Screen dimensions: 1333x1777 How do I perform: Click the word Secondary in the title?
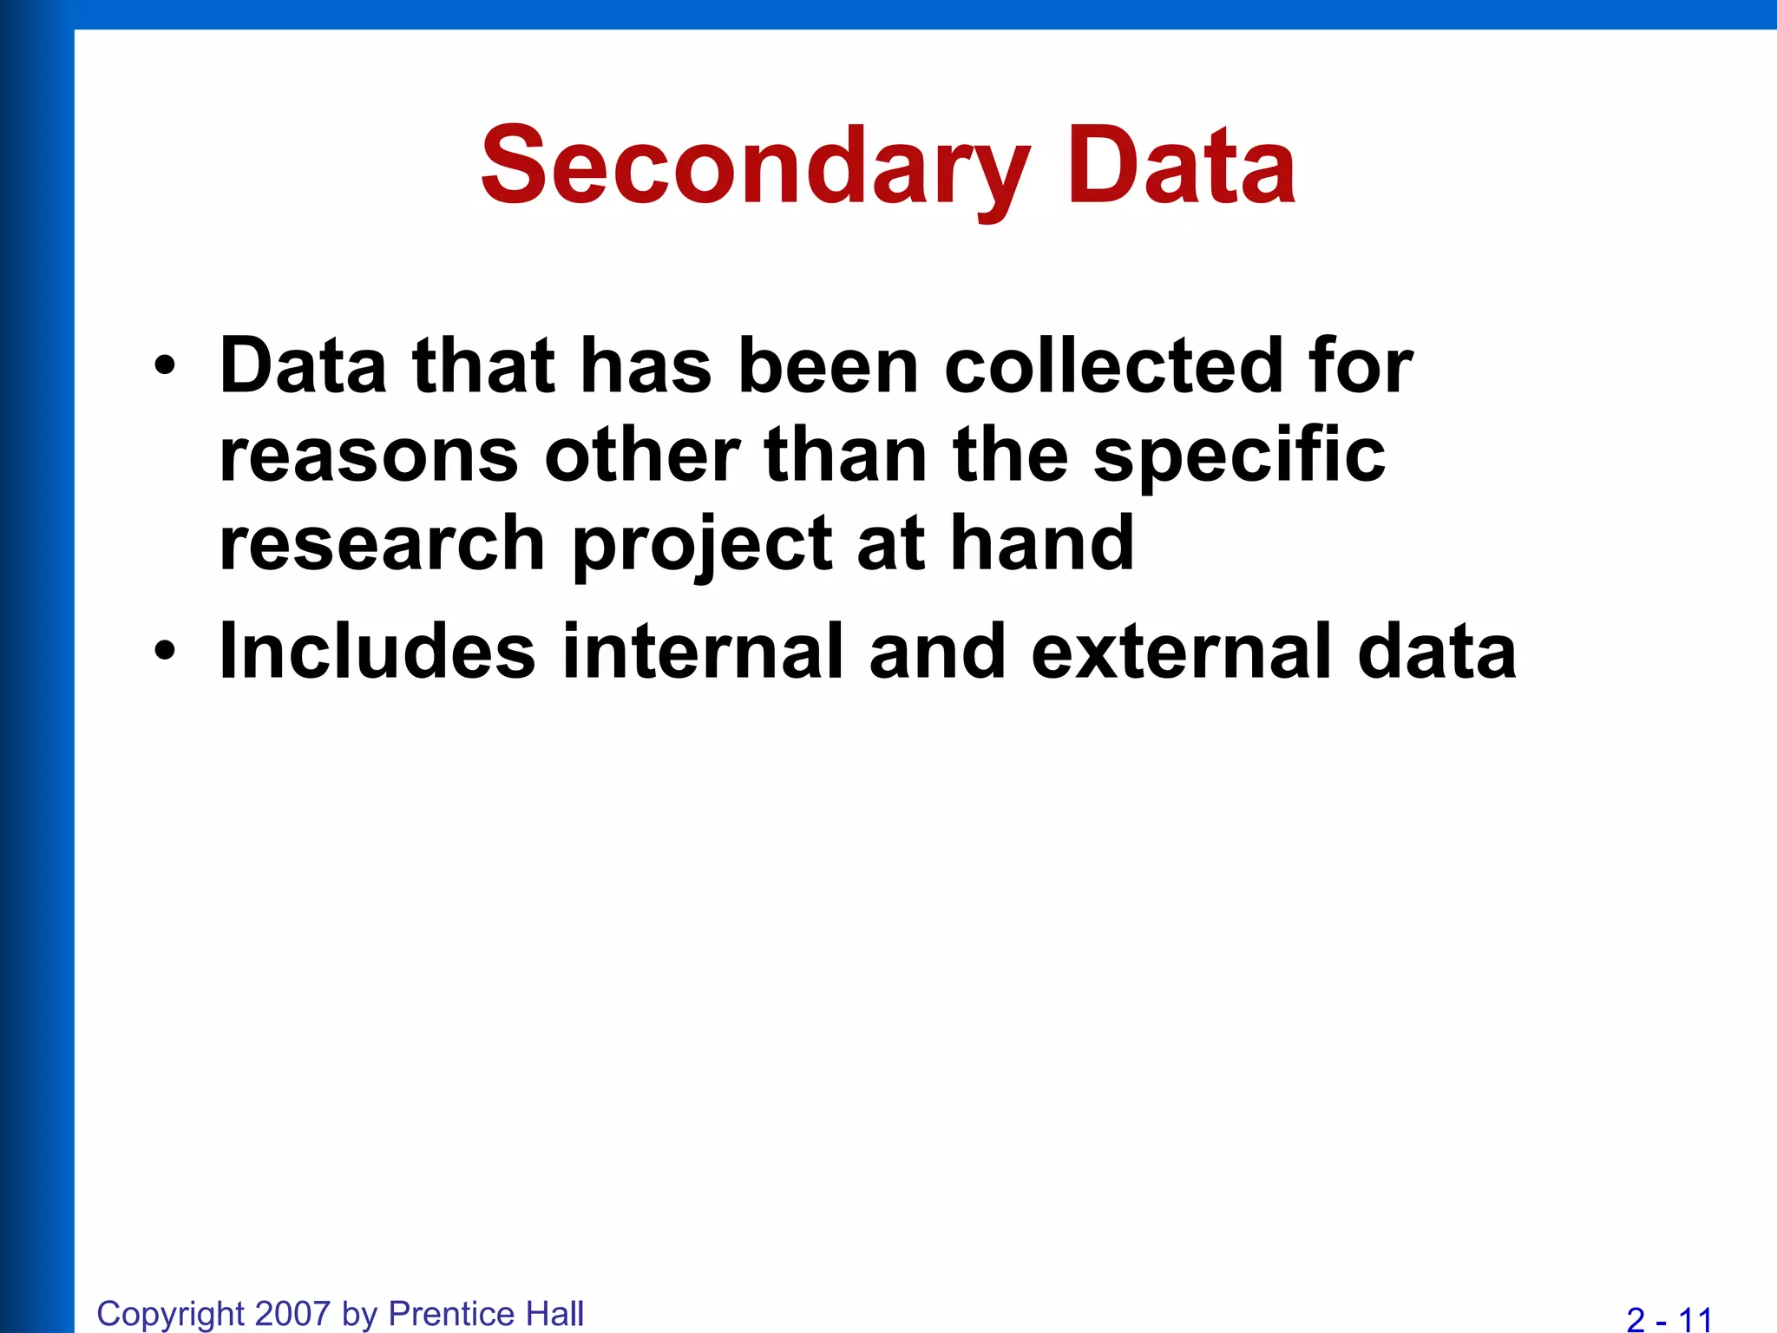756,167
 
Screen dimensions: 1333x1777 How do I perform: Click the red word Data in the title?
1181,167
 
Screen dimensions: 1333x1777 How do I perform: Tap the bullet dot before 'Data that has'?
165,366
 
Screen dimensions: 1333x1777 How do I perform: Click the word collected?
1111,366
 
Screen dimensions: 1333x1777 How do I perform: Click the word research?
382,544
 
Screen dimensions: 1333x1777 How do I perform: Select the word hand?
1042,544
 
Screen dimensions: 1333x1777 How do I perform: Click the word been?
828,366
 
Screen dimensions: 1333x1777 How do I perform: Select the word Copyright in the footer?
170,1314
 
